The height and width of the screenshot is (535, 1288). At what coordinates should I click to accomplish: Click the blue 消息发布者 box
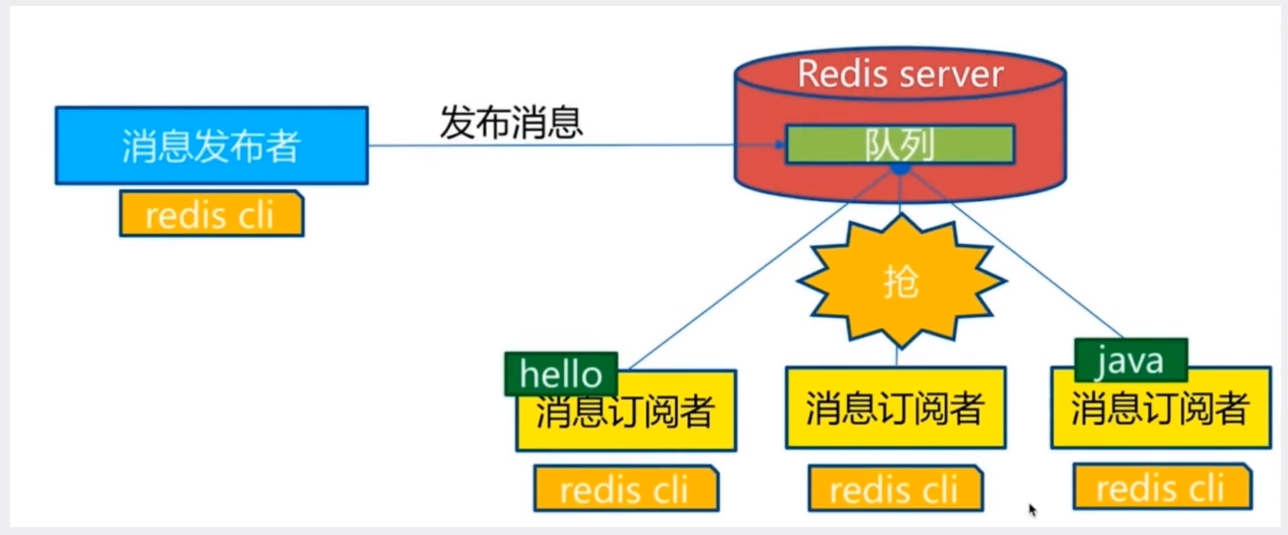[211, 146]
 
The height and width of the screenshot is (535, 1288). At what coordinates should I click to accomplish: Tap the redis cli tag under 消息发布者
[211, 214]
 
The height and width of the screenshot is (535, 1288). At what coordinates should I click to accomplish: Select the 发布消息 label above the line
[512, 123]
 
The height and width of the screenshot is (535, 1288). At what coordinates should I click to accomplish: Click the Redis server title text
[900, 73]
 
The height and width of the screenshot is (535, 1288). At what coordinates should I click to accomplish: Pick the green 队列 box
[900, 145]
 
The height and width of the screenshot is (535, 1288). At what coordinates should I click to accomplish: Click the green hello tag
[560, 374]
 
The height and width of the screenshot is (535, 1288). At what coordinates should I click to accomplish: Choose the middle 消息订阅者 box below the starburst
[895, 407]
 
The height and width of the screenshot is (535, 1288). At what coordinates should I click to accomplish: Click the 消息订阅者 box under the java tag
[1160, 411]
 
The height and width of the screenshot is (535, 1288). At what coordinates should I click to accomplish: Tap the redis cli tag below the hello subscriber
[625, 489]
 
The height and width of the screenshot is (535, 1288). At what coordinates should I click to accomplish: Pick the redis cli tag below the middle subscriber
[894, 489]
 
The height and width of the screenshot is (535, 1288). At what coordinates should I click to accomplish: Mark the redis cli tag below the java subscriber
[1161, 488]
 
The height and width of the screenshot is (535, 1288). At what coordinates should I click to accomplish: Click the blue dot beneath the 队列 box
[899, 169]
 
